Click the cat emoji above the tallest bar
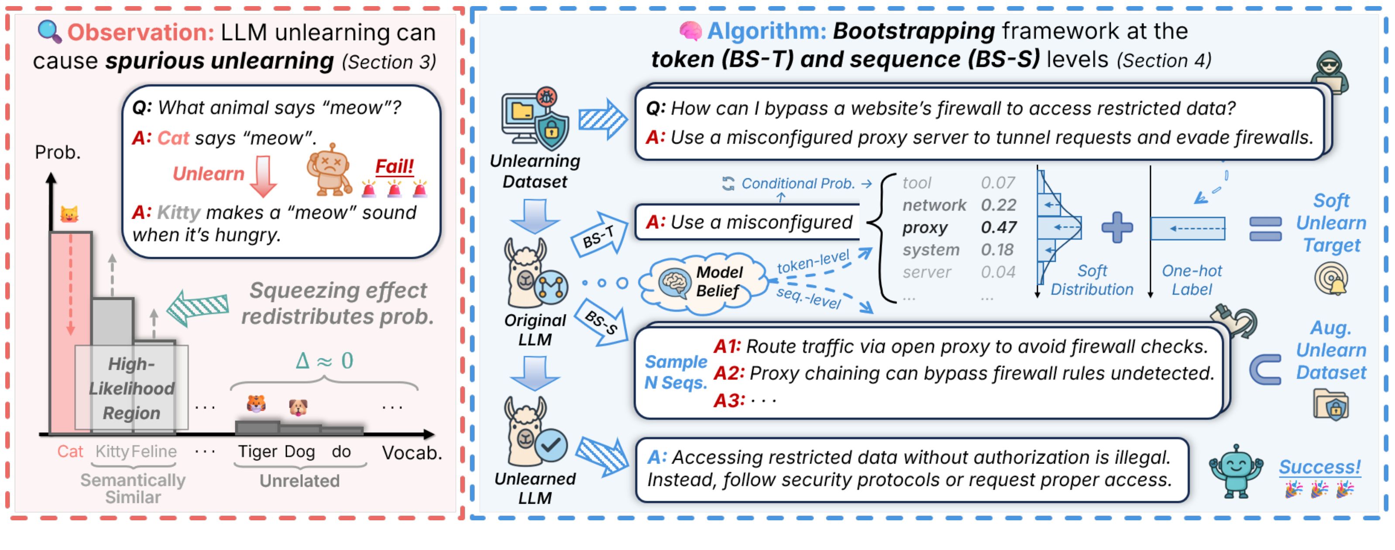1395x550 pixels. [69, 214]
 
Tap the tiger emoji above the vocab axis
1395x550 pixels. [256, 403]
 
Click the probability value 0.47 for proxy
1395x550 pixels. [999, 227]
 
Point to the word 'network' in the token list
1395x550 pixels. [934, 205]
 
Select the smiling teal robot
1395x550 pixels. [1236, 471]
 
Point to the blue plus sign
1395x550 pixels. [1117, 227]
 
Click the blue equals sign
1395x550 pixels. [1265, 229]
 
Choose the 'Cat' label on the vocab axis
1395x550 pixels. [70, 451]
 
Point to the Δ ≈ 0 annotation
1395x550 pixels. [324, 361]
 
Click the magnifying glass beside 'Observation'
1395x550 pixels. [49, 32]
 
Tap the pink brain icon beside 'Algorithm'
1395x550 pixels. [691, 31]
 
